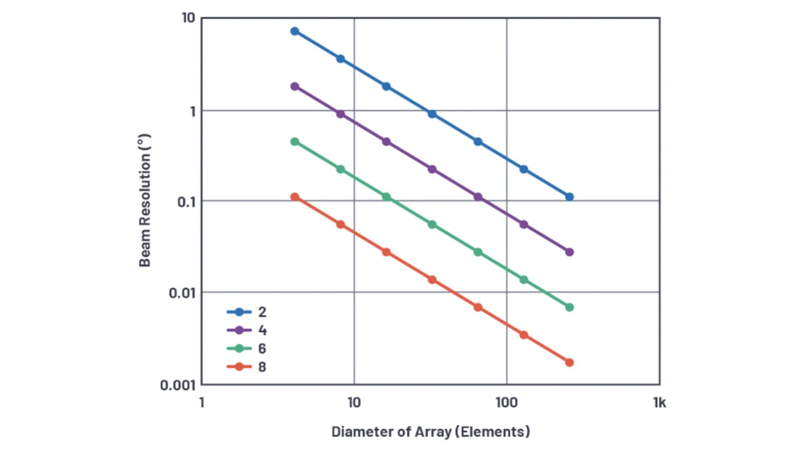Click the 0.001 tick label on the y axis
click(x=178, y=385)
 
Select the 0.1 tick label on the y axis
click(x=186, y=202)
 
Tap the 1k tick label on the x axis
click(x=659, y=403)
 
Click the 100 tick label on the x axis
click(x=506, y=403)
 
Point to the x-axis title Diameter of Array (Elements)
click(x=430, y=432)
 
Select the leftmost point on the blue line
click(x=295, y=31)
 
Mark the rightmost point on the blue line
click(x=570, y=197)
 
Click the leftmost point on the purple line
click(x=295, y=87)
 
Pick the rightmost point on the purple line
click(x=570, y=252)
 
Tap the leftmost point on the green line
click(x=295, y=142)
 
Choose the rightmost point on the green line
click(x=570, y=308)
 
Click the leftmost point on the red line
click(x=295, y=197)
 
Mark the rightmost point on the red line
click(x=570, y=363)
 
